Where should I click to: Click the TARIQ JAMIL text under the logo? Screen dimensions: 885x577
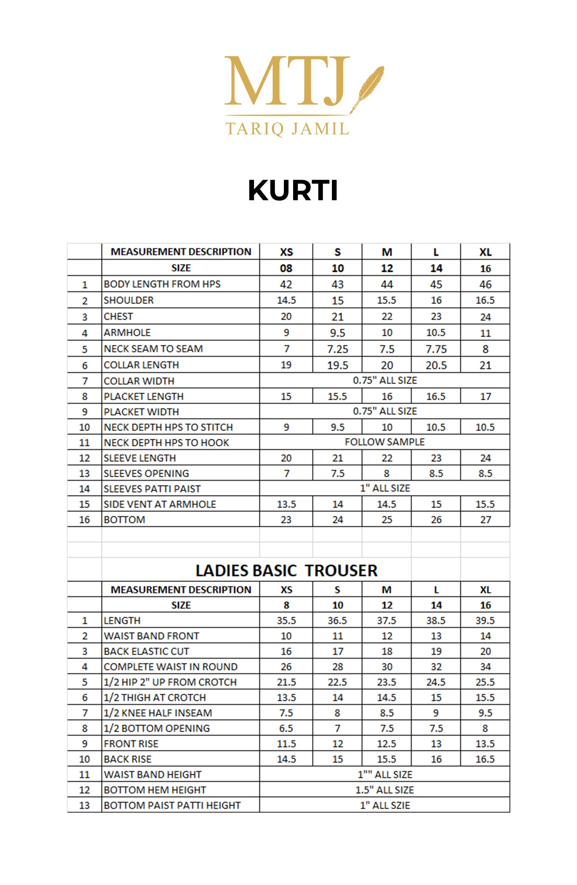tap(287, 129)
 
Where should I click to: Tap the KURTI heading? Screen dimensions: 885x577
tap(293, 190)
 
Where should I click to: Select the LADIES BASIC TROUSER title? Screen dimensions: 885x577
tap(287, 571)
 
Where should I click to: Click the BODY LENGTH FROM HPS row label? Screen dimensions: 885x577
tap(162, 284)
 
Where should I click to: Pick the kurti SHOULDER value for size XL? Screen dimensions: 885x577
tap(485, 300)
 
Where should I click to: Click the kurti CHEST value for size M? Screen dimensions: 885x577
tap(387, 317)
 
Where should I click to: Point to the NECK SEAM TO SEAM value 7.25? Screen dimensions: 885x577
tap(337, 349)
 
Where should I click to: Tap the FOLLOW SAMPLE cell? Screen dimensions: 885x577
tap(385, 442)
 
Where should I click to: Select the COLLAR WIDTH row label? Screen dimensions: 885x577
tap(139, 381)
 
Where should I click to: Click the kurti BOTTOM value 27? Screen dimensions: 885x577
tap(485, 519)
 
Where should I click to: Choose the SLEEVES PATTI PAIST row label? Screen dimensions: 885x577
tap(152, 489)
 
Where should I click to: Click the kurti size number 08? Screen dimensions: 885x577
tap(286, 268)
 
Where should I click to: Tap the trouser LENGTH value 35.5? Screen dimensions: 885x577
tap(286, 620)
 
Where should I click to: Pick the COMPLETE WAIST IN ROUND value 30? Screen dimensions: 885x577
tap(387, 666)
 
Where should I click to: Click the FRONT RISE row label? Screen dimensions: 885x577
tap(131, 743)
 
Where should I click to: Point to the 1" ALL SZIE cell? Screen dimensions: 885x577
tap(385, 805)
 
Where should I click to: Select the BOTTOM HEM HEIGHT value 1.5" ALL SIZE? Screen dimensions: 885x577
tap(385, 790)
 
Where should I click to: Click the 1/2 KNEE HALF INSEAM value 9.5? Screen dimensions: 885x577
tap(485, 713)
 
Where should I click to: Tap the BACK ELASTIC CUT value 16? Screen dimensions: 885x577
tap(286, 651)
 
